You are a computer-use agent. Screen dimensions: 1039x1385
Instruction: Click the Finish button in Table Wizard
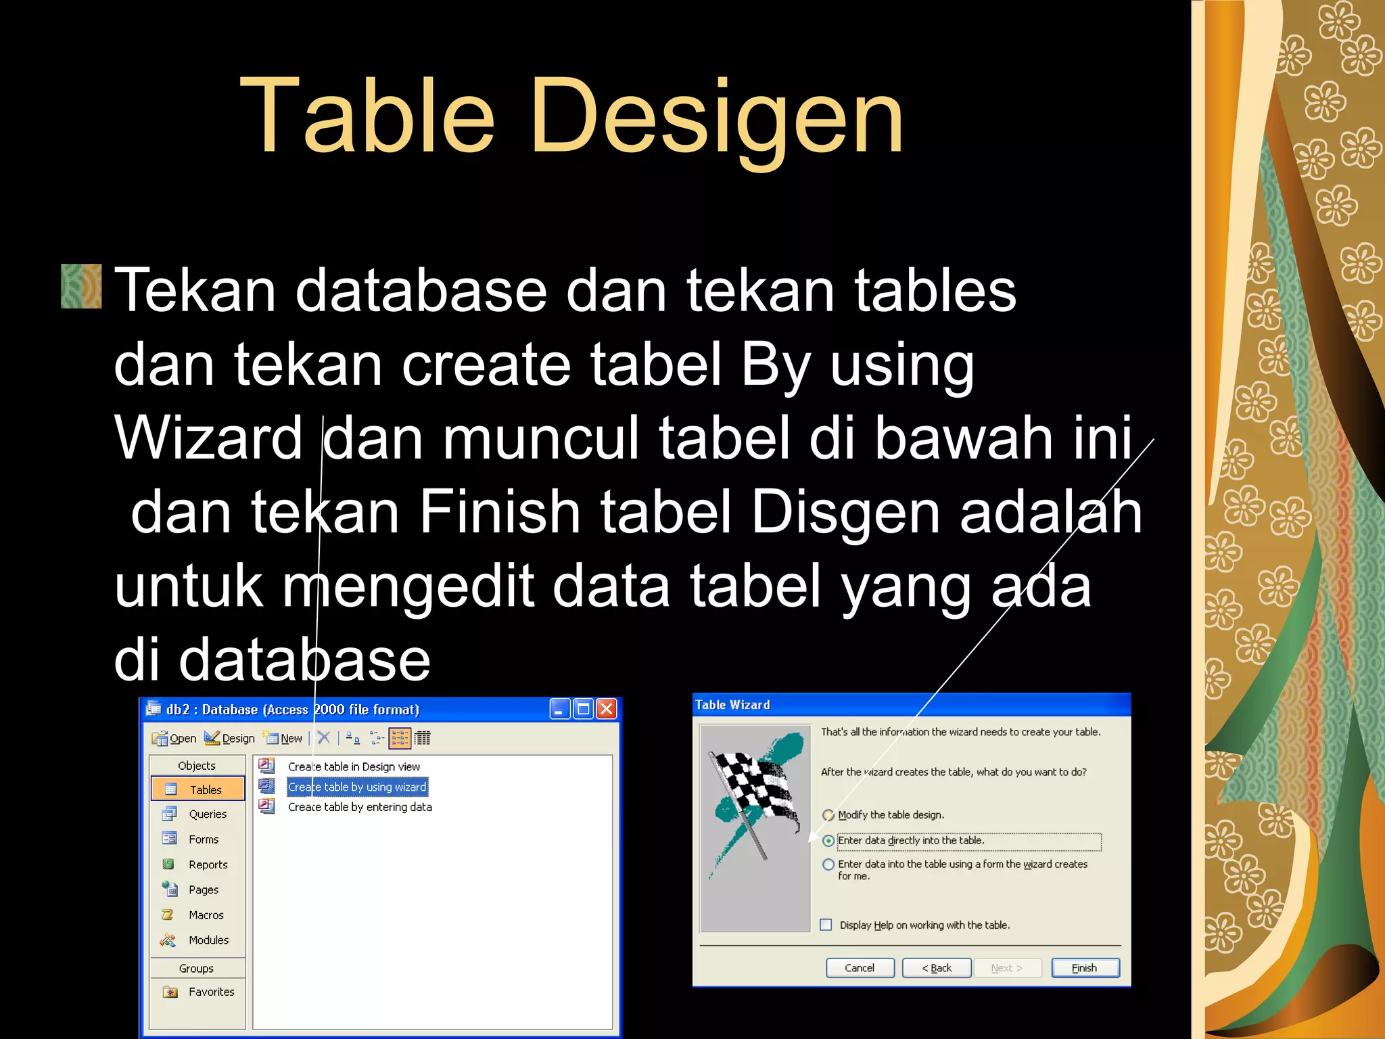point(1085,968)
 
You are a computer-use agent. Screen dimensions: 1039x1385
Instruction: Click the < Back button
point(937,968)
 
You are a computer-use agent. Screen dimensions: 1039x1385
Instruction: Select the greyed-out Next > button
point(1007,968)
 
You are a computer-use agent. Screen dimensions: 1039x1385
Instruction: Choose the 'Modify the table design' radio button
point(828,815)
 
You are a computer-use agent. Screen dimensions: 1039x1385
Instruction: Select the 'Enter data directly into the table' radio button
point(828,841)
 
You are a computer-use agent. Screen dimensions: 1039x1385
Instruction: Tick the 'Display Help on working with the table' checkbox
point(826,925)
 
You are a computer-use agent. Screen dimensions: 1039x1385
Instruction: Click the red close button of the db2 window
point(607,709)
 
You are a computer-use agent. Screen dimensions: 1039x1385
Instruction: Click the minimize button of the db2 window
point(559,709)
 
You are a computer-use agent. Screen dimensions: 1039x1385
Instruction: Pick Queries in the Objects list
point(207,814)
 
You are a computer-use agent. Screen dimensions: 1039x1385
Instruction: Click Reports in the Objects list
point(208,864)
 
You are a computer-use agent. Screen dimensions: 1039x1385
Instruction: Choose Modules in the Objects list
point(208,940)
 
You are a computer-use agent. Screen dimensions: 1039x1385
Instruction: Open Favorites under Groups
point(211,992)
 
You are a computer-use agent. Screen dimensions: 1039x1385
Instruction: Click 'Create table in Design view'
point(353,766)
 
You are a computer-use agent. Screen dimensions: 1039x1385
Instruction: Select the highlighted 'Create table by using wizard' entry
point(356,787)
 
